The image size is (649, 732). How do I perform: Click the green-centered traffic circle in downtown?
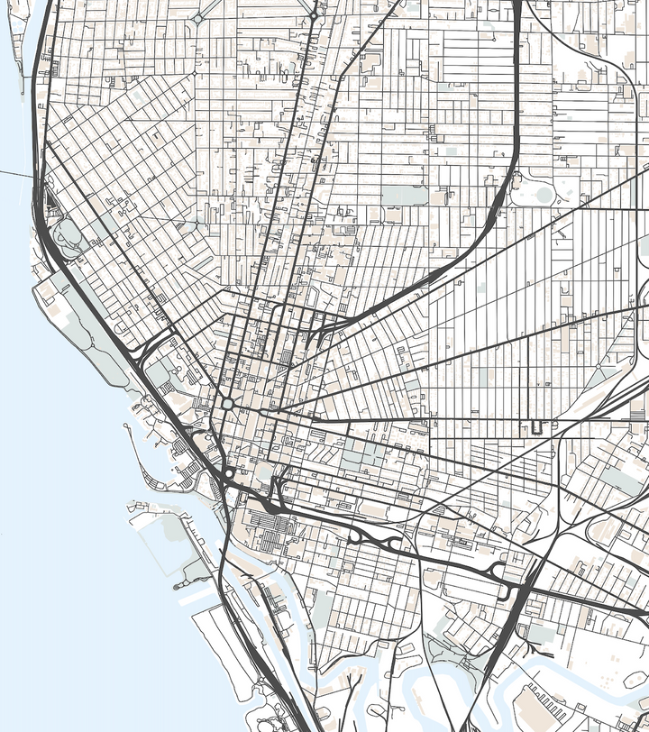point(228,404)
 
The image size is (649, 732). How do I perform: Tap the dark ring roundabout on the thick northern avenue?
point(313,16)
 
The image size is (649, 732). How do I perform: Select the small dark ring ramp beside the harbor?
point(230,472)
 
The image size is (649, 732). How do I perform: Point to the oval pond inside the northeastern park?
point(543,193)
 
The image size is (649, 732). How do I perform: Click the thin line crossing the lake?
point(14,172)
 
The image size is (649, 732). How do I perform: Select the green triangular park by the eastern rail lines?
point(622,478)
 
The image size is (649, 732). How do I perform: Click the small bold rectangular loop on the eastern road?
point(538,425)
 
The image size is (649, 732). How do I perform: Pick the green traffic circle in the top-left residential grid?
point(197,18)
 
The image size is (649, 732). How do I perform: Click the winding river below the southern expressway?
point(379,667)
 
